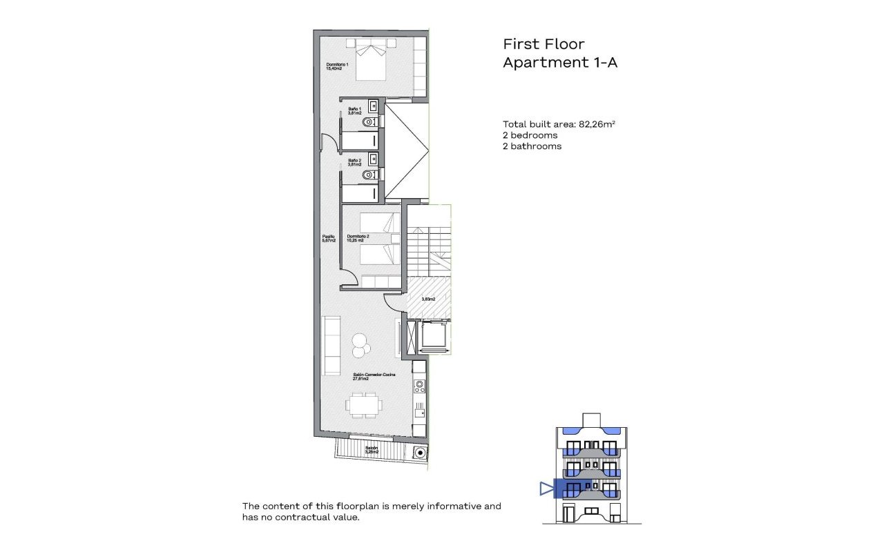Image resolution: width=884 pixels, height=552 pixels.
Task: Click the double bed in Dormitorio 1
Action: [x=372, y=58]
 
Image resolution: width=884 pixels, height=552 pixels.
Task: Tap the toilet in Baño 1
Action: [x=370, y=123]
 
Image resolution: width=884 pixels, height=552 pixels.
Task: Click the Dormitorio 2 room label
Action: [x=358, y=238]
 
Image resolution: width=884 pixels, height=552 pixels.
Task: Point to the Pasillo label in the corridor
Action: [x=329, y=238]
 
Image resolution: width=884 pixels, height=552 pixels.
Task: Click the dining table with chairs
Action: [x=364, y=404]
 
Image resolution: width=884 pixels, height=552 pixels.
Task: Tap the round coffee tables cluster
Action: [x=360, y=345]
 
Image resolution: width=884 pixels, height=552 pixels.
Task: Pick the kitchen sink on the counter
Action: [x=419, y=413]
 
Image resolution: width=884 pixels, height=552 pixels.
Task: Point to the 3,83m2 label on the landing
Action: [x=428, y=299]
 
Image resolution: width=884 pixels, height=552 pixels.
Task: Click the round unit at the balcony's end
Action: [x=420, y=453]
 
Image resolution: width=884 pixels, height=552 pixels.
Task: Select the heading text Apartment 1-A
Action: [x=559, y=63]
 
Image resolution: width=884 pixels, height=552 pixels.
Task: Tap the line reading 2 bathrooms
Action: [x=532, y=146]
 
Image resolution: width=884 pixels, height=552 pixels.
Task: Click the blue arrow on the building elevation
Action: [x=547, y=489]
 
